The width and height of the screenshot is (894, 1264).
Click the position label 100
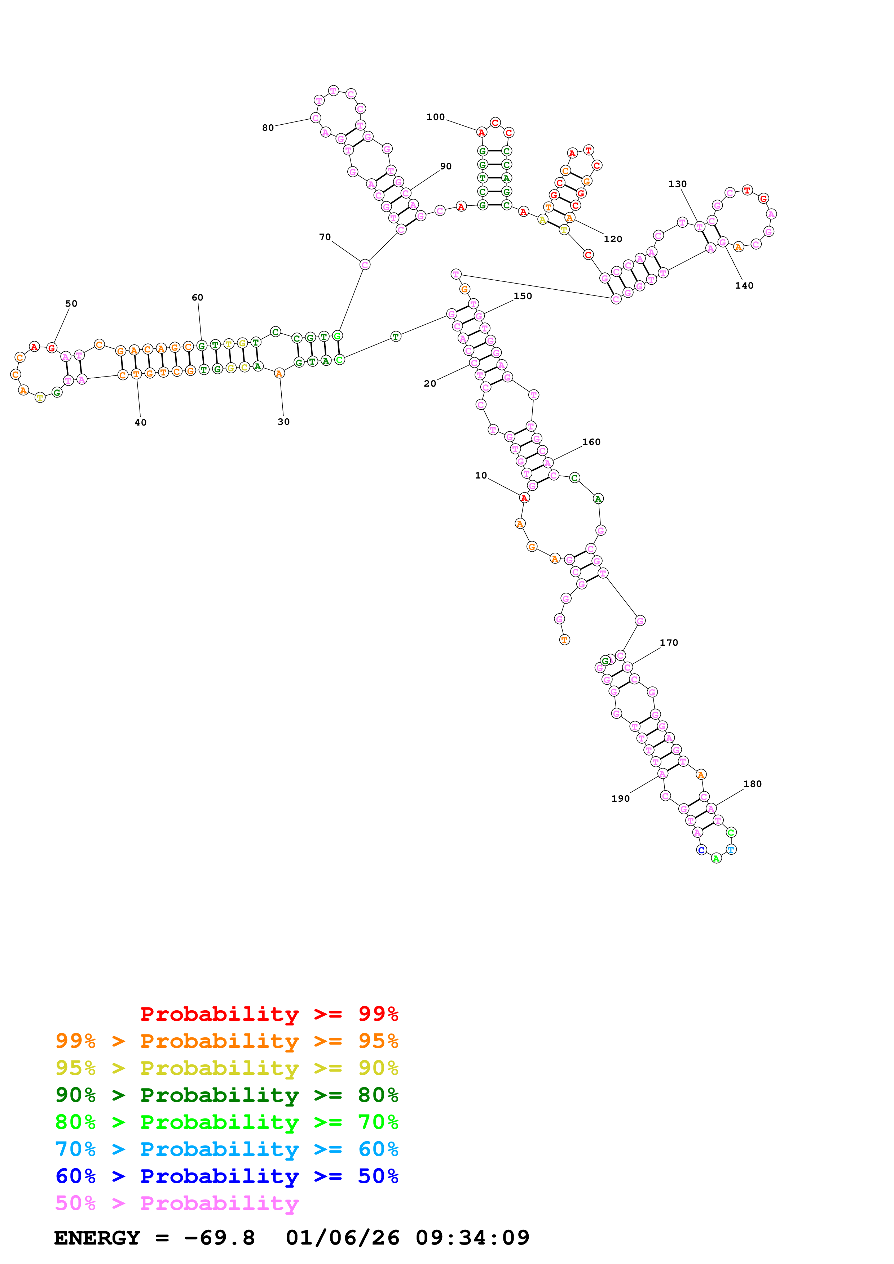click(435, 117)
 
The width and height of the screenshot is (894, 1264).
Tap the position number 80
click(268, 128)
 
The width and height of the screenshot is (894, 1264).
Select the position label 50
click(71, 303)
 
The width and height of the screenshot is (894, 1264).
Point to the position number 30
click(283, 422)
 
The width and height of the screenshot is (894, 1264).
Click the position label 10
click(481, 475)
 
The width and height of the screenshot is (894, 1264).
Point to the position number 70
click(325, 237)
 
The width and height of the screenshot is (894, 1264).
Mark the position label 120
click(612, 239)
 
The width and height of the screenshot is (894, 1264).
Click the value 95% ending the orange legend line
click(378, 1041)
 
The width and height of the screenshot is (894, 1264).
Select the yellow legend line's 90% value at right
click(378, 1068)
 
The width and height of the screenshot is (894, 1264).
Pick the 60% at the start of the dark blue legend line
click(75, 1176)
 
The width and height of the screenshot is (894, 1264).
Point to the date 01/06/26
click(342, 1238)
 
